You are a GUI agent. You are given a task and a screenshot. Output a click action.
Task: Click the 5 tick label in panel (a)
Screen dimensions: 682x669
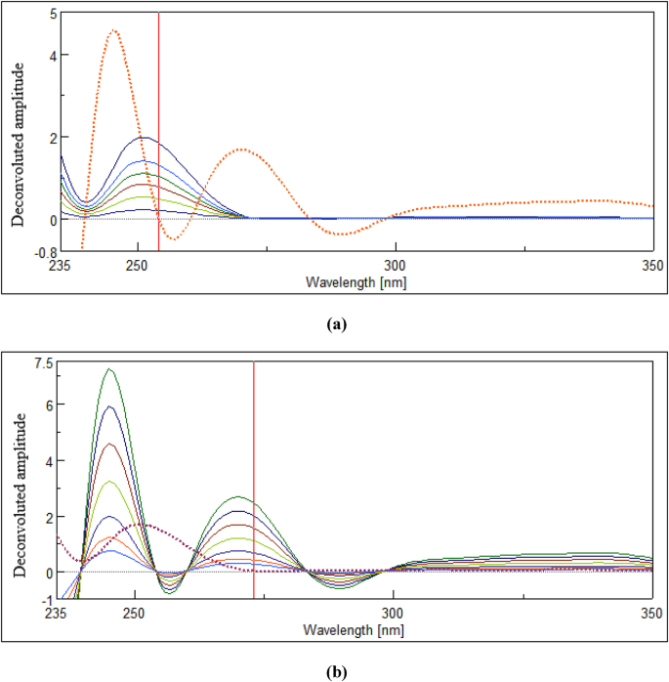(x=52, y=15)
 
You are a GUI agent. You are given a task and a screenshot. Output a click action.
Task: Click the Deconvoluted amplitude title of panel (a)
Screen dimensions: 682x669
(x=19, y=145)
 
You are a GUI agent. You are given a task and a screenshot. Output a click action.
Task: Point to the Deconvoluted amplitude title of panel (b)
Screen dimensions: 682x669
(x=19, y=493)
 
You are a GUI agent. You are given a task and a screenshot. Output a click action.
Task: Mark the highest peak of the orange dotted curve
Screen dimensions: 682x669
(x=114, y=30)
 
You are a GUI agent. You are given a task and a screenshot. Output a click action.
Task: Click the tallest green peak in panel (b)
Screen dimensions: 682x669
(x=110, y=369)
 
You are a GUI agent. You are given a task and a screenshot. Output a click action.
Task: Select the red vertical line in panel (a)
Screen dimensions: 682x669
(x=158, y=127)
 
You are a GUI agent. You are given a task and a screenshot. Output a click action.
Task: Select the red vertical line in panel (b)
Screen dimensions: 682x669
(x=254, y=479)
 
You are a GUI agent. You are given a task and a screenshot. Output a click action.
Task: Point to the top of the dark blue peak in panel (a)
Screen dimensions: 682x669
(x=145, y=138)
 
